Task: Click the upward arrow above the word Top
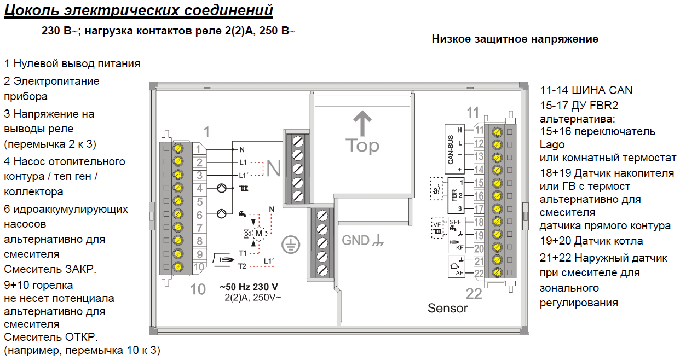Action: pyautogui.click(x=361, y=124)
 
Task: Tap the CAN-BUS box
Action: pyautogui.click(x=454, y=150)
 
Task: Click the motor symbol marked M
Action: pyautogui.click(x=260, y=234)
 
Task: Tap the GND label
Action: pyautogui.click(x=356, y=240)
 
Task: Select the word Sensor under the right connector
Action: pyautogui.click(x=447, y=308)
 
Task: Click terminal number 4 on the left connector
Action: pyautogui.click(x=200, y=189)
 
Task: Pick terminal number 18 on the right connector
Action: pyautogui.click(x=479, y=222)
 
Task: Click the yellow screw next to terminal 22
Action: pyautogui.click(x=498, y=272)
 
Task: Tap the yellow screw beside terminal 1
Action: pyautogui.click(x=178, y=148)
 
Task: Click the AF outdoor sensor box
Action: pyautogui.click(x=456, y=268)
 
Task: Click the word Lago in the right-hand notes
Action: pyautogui.click(x=552, y=145)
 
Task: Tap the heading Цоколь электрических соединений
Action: pyautogui.click(x=139, y=10)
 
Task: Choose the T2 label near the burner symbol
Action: pyautogui.click(x=242, y=266)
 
